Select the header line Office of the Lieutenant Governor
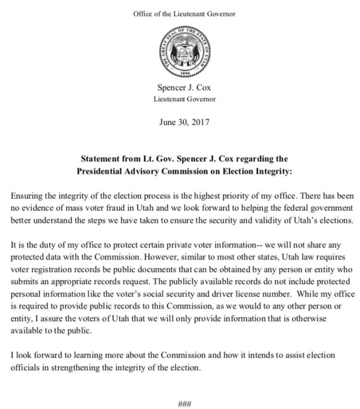tap(180, 13)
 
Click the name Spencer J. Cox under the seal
tap(180, 88)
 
